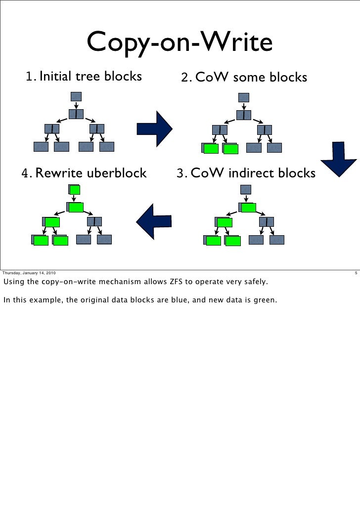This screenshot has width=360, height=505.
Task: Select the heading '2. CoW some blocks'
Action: tap(244, 78)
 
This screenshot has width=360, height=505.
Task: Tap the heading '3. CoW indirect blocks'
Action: tap(246, 173)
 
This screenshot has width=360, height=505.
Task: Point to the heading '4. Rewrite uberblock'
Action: tap(84, 173)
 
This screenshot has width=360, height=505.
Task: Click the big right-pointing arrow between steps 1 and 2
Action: tap(154, 128)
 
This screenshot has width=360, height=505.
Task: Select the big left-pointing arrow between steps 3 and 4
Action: tap(153, 220)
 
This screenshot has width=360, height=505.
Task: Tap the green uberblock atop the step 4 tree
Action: tap(75, 190)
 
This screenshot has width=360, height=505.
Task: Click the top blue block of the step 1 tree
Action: tap(76, 96)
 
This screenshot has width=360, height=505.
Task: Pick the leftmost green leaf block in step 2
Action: tap(211, 149)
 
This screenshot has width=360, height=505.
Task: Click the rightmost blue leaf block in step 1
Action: tap(106, 146)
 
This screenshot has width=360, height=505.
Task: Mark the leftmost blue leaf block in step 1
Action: tap(41, 146)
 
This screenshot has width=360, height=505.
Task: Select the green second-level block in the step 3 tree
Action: tap(249, 208)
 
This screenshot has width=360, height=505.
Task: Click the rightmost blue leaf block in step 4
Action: tap(104, 240)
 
